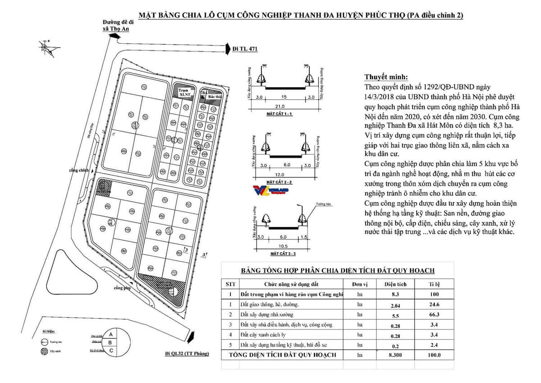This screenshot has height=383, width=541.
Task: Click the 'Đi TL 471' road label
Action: click(x=245, y=49)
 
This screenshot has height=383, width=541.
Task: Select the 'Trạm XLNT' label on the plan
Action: click(x=183, y=92)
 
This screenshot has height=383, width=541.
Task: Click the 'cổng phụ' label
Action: click(x=121, y=288)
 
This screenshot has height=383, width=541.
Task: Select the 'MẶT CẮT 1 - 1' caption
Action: click(x=280, y=115)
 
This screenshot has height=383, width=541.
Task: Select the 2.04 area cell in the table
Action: click(x=395, y=305)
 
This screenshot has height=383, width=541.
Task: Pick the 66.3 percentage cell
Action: click(x=434, y=314)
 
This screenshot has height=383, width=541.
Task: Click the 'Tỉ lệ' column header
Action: click(x=434, y=284)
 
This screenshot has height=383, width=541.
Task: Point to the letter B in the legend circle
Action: click(x=111, y=342)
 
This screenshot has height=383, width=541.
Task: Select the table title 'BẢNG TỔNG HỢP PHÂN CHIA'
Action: click(x=338, y=270)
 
